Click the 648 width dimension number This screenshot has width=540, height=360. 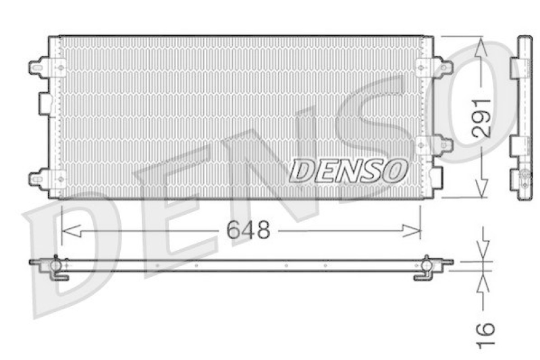(248, 231)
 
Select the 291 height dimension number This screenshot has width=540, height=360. (480, 119)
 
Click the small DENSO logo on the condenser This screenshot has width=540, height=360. (348, 171)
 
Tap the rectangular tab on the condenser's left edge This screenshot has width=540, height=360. (45, 103)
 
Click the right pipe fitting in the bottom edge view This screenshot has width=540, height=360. (427, 266)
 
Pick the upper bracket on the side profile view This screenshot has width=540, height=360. (518, 68)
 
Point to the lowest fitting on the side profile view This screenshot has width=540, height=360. (523, 179)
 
